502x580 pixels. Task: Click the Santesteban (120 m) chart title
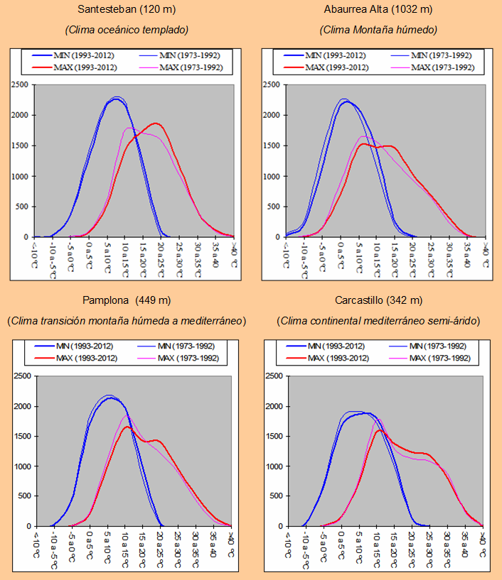[126, 10]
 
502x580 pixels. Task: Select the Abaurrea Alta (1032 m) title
[378, 10]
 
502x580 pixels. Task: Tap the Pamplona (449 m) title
[126, 300]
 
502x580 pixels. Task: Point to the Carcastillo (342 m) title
[378, 300]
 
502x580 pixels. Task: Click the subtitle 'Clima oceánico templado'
[126, 30]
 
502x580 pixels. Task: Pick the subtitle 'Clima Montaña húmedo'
[378, 30]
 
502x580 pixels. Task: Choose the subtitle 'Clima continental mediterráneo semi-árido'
[378, 321]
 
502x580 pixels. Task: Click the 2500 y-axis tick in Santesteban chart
[21, 85]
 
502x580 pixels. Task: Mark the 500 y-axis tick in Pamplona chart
[25, 496]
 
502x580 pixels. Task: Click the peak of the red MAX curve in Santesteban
[156, 124]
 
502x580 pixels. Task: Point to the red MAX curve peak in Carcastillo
[379, 430]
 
